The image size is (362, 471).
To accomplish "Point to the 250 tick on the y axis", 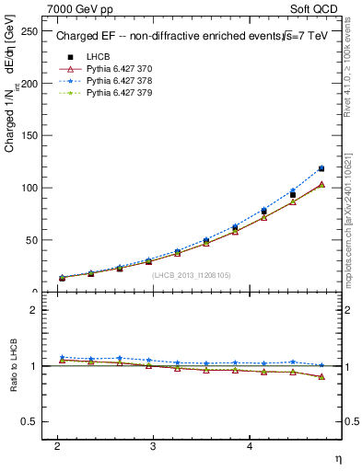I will pyautogui.click(x=30, y=31).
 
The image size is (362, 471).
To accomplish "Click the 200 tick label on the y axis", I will pyautogui.click(x=30, y=84).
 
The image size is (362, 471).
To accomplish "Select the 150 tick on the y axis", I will pyautogui.click(x=30, y=136).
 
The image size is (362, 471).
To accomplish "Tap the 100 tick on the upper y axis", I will pyautogui.click(x=30, y=188).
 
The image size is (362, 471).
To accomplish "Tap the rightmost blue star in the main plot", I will pyautogui.click(x=321, y=168).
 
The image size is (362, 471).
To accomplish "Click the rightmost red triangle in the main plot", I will pyautogui.click(x=321, y=184).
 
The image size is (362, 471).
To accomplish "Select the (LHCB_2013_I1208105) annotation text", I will pyautogui.click(x=191, y=275).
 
